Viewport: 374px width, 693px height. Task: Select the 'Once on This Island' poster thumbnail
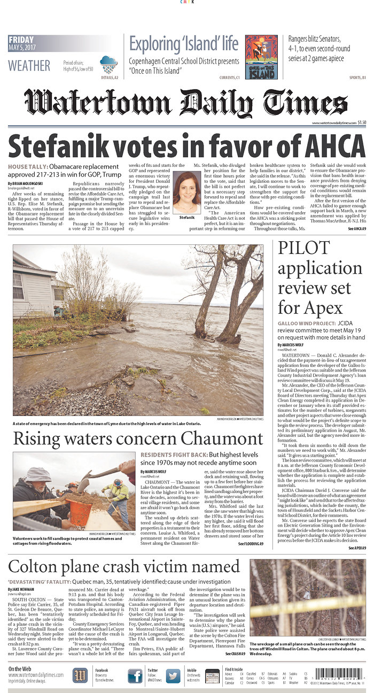(x=261, y=57)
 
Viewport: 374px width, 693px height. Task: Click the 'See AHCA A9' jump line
(x=356, y=229)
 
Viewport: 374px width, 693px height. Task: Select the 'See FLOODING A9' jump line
(x=251, y=543)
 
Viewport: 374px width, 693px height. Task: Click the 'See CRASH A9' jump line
(x=235, y=653)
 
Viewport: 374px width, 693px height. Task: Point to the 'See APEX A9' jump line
(x=357, y=548)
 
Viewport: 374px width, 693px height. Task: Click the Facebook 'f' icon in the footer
(x=135, y=676)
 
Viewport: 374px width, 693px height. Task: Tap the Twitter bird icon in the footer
(x=173, y=676)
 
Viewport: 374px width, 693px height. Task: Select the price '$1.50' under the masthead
(x=362, y=122)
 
